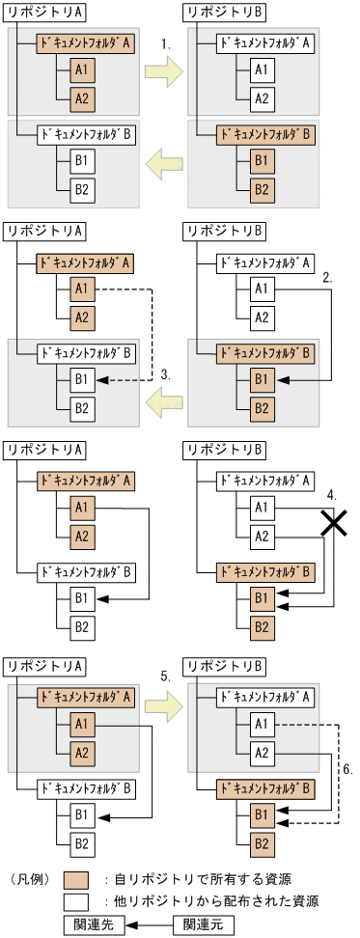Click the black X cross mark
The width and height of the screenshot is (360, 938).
click(x=334, y=522)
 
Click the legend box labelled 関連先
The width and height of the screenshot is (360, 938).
click(x=97, y=924)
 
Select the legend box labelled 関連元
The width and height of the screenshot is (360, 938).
click(x=203, y=924)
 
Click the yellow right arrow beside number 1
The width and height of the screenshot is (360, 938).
click(x=163, y=69)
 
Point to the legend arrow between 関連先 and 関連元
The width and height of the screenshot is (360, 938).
click(x=150, y=924)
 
